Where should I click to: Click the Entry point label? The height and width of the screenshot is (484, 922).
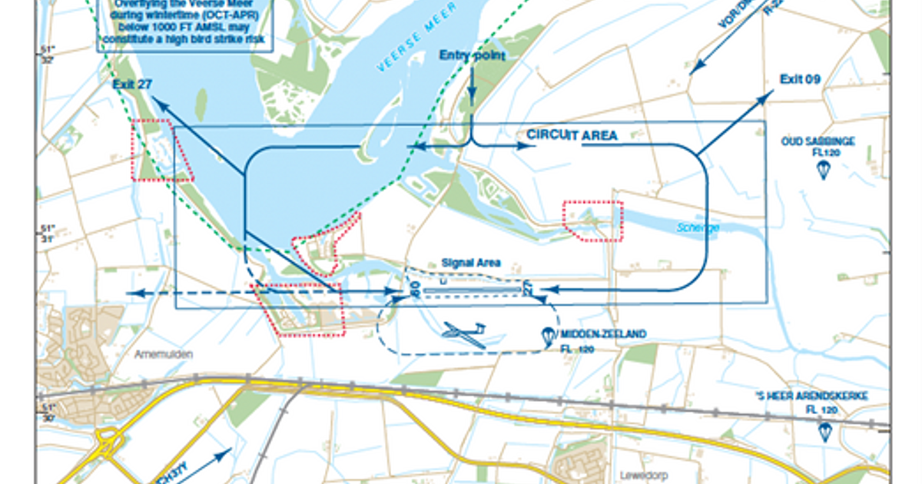(x=472, y=56)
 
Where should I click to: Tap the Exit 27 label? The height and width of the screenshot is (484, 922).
(x=131, y=85)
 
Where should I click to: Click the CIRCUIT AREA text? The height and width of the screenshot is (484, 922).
(x=572, y=135)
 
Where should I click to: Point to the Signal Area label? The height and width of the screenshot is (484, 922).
(x=471, y=264)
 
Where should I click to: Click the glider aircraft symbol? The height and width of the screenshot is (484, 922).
(x=464, y=333)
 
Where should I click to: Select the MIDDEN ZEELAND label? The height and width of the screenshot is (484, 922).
(x=602, y=334)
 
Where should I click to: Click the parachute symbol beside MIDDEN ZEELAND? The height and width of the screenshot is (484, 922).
(x=548, y=335)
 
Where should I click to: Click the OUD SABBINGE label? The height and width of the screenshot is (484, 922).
(x=818, y=141)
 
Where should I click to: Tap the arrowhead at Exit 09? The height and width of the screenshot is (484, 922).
(x=771, y=94)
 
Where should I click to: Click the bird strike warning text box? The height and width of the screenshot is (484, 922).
(x=185, y=26)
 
